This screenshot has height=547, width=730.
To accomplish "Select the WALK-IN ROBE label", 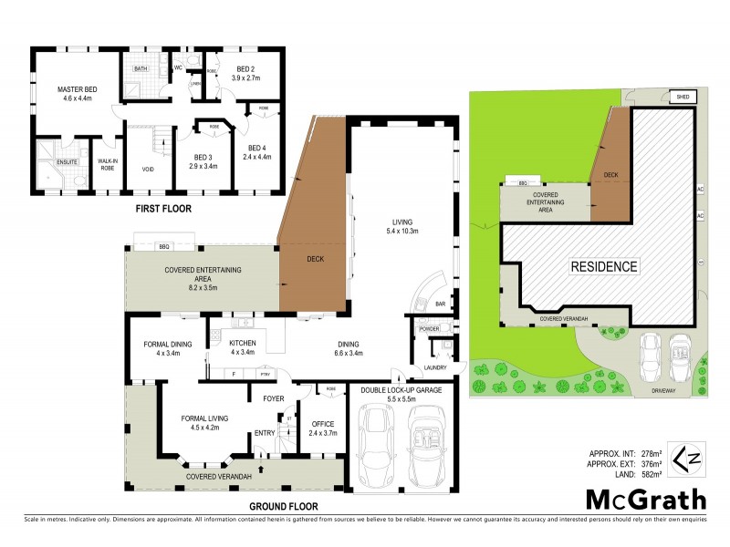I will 109,164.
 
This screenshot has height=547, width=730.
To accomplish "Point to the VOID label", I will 148,169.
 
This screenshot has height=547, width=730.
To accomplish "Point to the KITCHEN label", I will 243,343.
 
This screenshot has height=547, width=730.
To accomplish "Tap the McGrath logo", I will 645,501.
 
